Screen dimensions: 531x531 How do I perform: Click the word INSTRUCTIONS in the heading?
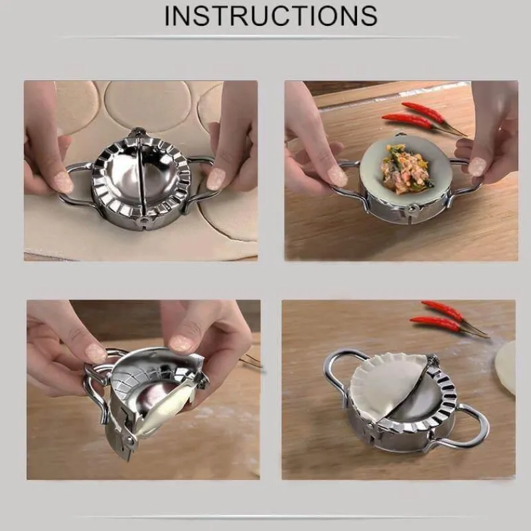pyautogui.click(x=271, y=15)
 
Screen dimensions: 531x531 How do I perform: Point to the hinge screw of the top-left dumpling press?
pyautogui.click(x=143, y=220)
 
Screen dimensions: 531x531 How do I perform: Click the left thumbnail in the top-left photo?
pyautogui.click(x=63, y=181)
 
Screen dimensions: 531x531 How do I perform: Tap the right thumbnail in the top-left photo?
pyautogui.click(x=216, y=179)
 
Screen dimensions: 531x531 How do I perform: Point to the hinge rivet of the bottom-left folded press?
pyautogui.click(x=129, y=440)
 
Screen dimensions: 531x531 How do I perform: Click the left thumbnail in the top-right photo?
pyautogui.click(x=337, y=177)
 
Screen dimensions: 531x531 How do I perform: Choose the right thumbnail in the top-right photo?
pyautogui.click(x=477, y=167)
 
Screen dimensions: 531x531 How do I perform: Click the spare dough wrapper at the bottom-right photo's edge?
pyautogui.click(x=506, y=368)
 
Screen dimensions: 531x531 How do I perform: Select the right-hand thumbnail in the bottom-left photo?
pyautogui.click(x=184, y=343)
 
